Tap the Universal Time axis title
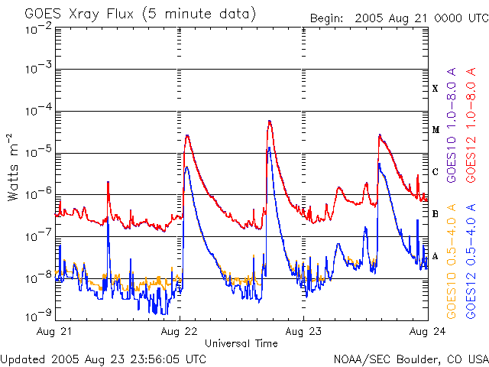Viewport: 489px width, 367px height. [241, 343]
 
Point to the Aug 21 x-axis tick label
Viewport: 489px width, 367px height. [56, 332]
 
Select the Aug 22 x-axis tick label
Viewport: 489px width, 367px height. [180, 332]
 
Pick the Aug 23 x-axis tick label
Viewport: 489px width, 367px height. [303, 332]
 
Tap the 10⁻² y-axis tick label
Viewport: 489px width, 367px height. [38, 29]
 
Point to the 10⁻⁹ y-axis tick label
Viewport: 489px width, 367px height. [38, 315]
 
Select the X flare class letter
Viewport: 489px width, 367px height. [436, 89]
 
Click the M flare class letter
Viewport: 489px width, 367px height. [436, 130]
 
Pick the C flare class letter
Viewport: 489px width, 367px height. [436, 172]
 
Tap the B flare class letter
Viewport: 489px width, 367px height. [436, 214]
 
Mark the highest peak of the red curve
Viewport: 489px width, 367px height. [270, 121]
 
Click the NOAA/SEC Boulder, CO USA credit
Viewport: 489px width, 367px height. [411, 358]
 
